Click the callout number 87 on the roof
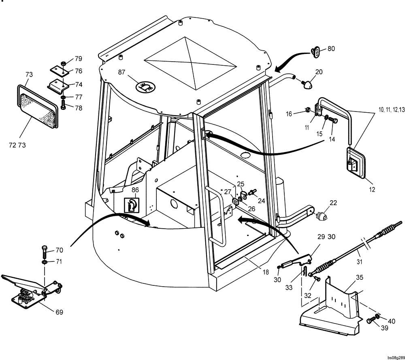122,72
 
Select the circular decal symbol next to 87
144,86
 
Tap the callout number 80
331,49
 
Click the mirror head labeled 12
355,163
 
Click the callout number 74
78,85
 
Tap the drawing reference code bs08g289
395,358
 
